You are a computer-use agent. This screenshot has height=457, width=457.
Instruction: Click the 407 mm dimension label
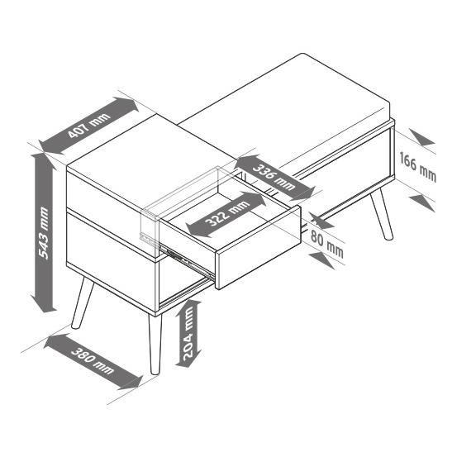(89, 126)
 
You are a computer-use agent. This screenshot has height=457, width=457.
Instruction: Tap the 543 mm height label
(44, 233)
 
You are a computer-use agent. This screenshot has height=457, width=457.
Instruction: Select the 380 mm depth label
(92, 361)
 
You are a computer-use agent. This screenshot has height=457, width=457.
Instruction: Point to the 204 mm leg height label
(188, 333)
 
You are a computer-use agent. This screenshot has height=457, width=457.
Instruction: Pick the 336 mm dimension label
(274, 177)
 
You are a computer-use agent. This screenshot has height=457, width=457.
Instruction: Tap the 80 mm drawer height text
(326, 244)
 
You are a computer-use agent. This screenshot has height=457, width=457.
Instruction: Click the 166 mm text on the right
(417, 167)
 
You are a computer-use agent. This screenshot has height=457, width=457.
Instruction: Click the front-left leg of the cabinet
(155, 344)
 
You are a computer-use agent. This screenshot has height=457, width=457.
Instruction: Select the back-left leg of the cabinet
(83, 303)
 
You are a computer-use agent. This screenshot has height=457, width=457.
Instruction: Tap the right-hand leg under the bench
(382, 213)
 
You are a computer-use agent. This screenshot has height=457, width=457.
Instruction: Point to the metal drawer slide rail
(187, 261)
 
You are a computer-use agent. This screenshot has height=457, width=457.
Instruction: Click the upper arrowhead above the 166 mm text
(421, 137)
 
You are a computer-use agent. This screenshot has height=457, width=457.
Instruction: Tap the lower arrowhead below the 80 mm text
(321, 260)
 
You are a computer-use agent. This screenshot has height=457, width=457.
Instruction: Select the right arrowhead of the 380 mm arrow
(131, 383)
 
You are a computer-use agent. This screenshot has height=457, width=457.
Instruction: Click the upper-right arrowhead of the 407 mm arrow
(126, 104)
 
